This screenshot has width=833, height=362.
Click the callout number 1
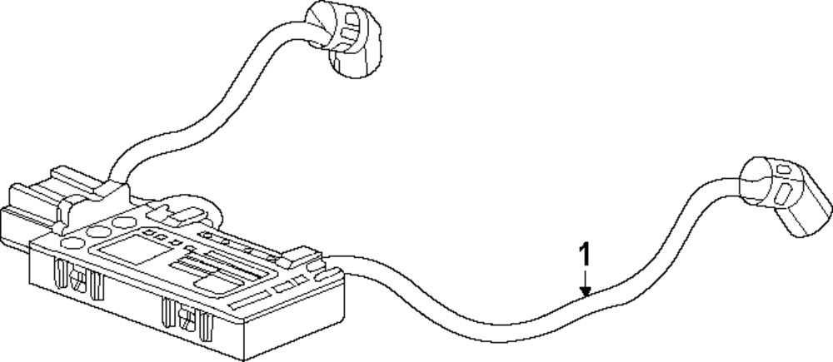pyautogui.click(x=587, y=254)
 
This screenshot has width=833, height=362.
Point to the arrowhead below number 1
pyautogui.click(x=587, y=291)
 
